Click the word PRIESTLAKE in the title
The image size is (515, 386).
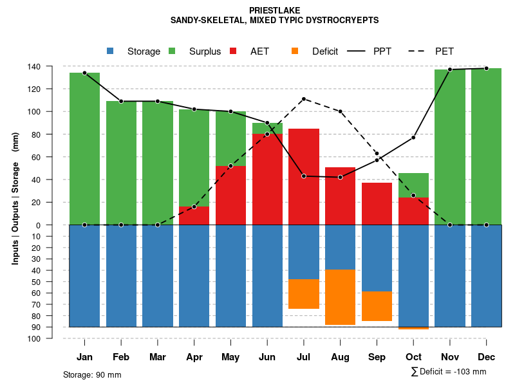(274, 10)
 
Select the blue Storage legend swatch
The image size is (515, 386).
(110, 51)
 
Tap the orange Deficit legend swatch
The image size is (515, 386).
(295, 51)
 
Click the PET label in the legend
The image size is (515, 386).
(444, 51)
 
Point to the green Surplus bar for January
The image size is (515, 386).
(84, 149)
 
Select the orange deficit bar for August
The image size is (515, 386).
(341, 297)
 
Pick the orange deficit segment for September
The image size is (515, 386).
(377, 306)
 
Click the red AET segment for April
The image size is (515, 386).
(194, 216)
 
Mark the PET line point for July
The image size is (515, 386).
(304, 99)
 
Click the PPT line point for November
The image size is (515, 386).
(450, 69)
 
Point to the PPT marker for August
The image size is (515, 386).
(341, 177)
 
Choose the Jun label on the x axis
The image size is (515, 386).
(267, 357)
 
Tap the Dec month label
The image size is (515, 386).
(487, 357)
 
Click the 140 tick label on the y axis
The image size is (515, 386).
(52, 66)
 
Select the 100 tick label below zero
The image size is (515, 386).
(52, 338)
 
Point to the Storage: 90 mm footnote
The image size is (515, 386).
(92, 374)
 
